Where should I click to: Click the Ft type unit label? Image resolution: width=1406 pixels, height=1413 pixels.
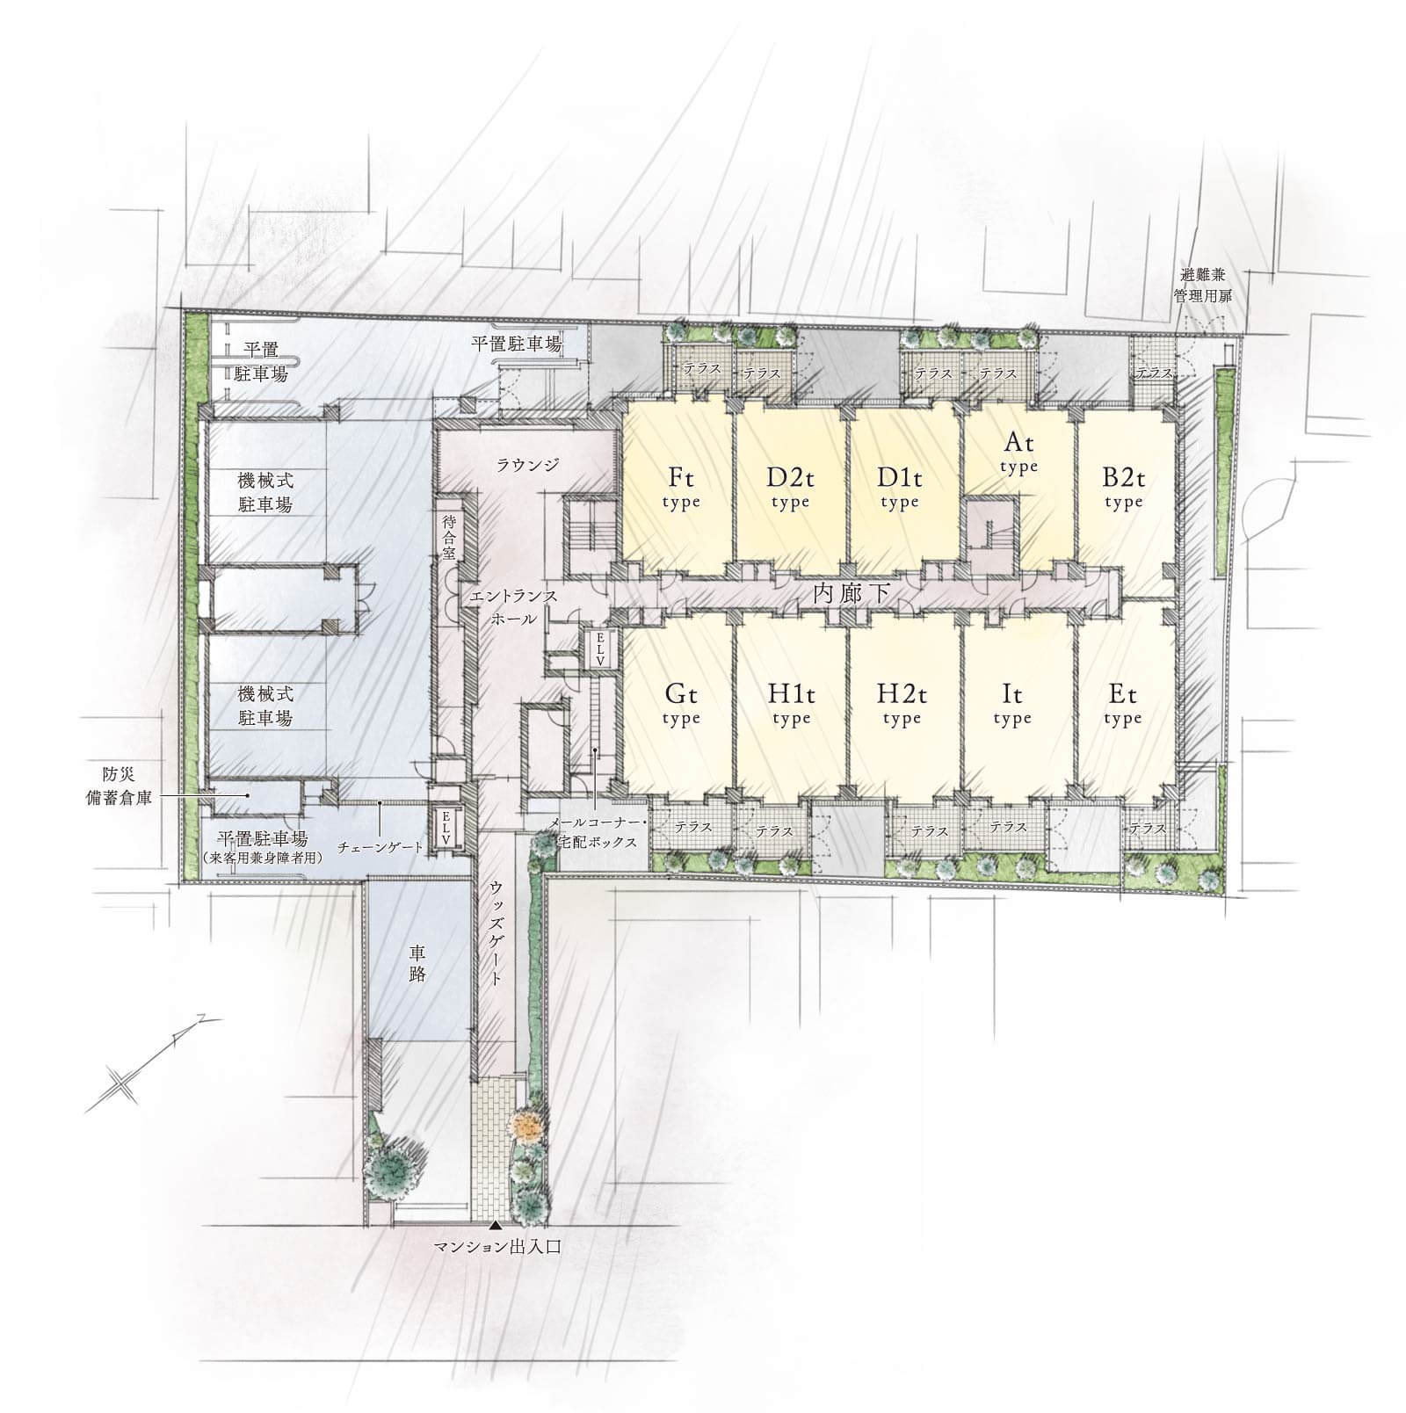tap(681, 489)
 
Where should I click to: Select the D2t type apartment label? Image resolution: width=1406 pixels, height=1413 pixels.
tap(790, 489)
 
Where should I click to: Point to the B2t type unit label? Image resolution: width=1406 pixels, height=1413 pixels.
tap(1123, 489)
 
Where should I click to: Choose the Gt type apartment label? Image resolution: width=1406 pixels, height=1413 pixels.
tap(681, 705)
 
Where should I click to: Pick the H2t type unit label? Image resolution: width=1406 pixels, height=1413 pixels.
tap(902, 705)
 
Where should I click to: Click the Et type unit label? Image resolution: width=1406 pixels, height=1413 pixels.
tap(1122, 705)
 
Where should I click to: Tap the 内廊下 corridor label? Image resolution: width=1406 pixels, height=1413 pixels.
tap(852, 594)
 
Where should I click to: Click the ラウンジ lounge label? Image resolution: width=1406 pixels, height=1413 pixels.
tap(527, 465)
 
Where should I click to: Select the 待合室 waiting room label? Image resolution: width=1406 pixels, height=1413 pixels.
tap(450, 538)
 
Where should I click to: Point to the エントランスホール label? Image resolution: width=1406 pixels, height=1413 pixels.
tap(513, 607)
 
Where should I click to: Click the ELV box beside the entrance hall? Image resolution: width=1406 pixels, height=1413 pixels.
tap(601, 649)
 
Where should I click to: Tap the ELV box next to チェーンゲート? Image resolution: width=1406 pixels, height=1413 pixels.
tap(446, 828)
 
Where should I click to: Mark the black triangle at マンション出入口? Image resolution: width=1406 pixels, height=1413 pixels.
tap(496, 1225)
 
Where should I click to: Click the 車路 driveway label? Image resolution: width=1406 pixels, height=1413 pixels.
tap(417, 964)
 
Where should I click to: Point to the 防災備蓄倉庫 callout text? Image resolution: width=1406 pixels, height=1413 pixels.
tap(121, 786)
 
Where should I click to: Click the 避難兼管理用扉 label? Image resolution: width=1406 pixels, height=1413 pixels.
tap(1203, 286)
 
